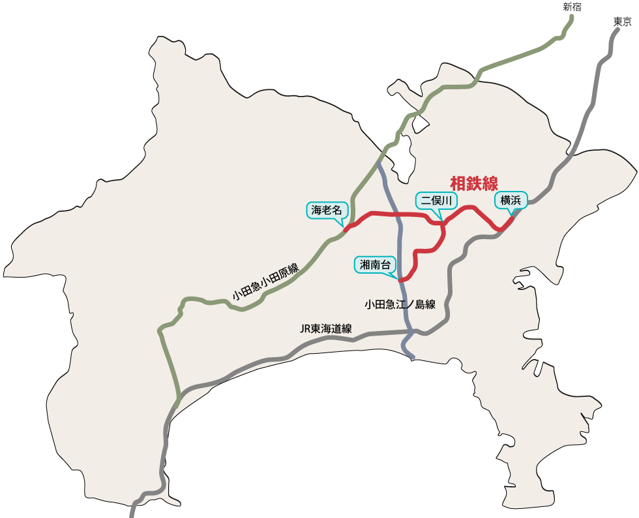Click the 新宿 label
572,7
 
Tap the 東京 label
623,22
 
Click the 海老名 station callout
327,210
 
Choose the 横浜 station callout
510,200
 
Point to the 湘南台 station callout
375,265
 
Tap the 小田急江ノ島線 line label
400,304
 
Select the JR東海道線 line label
326,328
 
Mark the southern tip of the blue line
412,357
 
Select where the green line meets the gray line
177,399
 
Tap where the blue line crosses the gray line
408,332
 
